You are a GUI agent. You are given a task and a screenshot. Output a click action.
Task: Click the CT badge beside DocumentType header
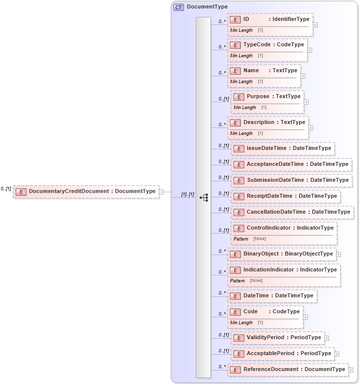coord(179,7)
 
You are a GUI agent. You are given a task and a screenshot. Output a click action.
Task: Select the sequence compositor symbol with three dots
coord(203,198)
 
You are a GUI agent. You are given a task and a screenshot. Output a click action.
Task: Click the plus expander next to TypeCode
coord(310,50)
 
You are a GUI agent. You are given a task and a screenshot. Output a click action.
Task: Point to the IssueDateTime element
coord(282,148)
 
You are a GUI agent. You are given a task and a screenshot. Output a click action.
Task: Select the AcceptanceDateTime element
coord(291,164)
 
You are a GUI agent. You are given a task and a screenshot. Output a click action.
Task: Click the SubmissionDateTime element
coord(291,180)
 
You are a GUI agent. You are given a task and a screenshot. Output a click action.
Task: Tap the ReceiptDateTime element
coord(286,196)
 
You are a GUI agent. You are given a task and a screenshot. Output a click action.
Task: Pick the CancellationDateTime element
coord(292,212)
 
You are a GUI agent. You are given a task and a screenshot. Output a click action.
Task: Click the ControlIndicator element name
coord(283,228)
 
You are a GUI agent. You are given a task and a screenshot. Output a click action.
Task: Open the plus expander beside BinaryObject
coord(339,254)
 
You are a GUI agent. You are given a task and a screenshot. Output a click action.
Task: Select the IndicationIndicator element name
coord(283,269)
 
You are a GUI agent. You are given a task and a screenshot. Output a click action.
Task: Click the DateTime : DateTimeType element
coord(272,295)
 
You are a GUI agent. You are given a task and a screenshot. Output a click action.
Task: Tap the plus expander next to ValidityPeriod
coord(327,338)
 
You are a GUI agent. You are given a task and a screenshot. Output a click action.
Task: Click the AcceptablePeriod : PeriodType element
coord(283,353)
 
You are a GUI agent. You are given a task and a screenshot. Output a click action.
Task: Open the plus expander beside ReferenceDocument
coord(351,370)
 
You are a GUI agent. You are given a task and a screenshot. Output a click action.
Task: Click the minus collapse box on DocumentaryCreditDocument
coord(161,191)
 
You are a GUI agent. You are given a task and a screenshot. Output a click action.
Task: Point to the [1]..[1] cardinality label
coord(187,194)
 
